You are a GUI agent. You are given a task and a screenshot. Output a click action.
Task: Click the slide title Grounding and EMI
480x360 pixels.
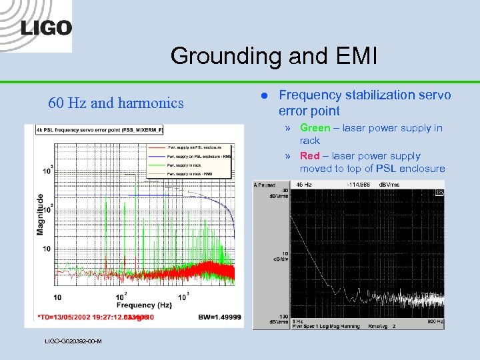[273, 56]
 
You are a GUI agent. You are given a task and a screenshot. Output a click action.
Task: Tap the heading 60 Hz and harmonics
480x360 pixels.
[116, 103]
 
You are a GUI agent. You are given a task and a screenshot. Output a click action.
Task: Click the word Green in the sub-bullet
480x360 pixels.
[315, 128]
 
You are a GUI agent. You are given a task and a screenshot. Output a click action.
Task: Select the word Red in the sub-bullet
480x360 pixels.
[310, 156]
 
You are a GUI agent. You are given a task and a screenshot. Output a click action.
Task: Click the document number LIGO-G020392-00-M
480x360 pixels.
[73, 341]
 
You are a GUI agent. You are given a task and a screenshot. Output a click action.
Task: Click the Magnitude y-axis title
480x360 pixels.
[41, 213]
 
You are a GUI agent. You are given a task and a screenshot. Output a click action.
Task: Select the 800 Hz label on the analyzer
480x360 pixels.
[433, 322]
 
